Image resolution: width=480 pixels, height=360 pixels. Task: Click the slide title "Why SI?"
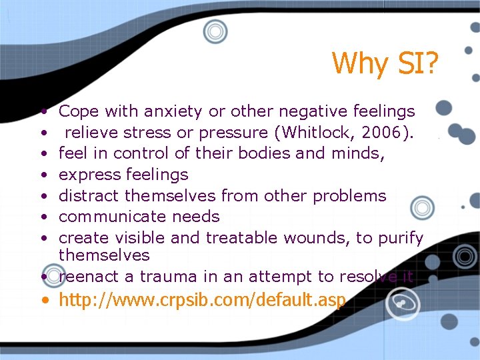(x=385, y=63)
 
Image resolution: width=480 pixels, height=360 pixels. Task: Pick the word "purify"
(x=398, y=238)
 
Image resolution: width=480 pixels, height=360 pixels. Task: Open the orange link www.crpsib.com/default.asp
(x=202, y=301)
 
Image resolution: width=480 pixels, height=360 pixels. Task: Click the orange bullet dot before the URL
(x=44, y=301)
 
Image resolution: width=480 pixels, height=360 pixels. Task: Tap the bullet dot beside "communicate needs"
(x=43, y=217)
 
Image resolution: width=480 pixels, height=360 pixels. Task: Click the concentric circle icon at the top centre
(x=215, y=31)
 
